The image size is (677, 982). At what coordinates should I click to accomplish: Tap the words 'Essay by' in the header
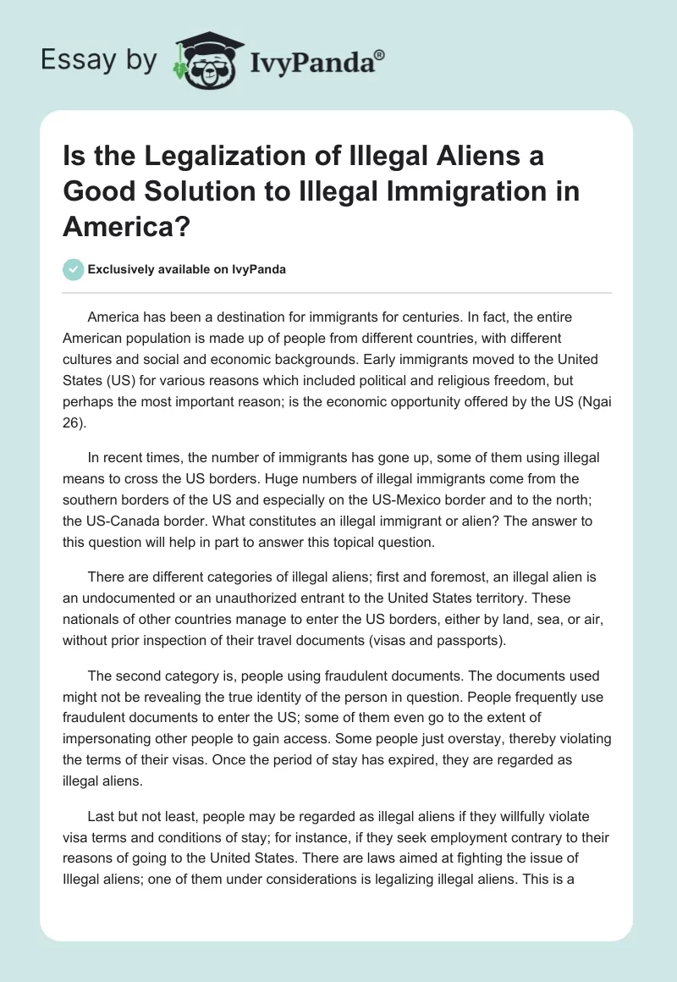[100, 61]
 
